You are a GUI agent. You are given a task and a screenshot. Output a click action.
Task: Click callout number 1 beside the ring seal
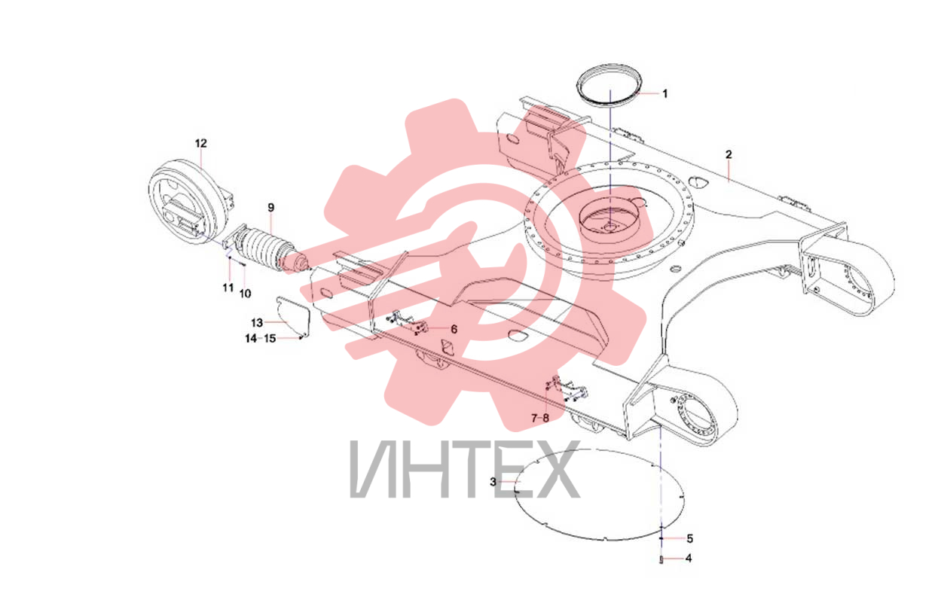click(x=665, y=94)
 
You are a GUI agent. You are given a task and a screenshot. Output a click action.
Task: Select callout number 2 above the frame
click(x=729, y=154)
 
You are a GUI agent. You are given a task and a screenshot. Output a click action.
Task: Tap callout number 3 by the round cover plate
click(x=493, y=482)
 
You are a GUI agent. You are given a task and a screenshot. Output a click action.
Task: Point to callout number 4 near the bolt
click(x=689, y=559)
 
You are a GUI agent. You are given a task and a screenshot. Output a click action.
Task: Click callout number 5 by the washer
click(x=690, y=539)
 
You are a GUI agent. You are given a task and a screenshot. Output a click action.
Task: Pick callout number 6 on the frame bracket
click(x=454, y=329)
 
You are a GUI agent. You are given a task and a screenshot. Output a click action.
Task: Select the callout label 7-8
click(x=539, y=419)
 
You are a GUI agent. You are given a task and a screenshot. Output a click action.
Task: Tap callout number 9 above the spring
click(x=271, y=208)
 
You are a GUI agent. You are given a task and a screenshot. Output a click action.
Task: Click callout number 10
click(x=245, y=294)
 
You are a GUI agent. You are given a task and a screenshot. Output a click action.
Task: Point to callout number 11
click(x=228, y=288)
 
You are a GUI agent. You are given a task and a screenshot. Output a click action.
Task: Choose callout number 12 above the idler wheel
click(x=201, y=144)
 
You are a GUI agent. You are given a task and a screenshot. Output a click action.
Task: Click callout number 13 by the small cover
click(x=257, y=323)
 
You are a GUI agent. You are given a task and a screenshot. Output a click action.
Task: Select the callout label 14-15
click(x=261, y=339)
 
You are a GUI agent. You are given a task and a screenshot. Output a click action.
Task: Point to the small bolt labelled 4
click(x=661, y=560)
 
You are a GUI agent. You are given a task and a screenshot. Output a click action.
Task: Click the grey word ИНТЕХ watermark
click(x=464, y=471)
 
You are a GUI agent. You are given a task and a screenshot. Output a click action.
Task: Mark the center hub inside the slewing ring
click(x=613, y=227)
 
